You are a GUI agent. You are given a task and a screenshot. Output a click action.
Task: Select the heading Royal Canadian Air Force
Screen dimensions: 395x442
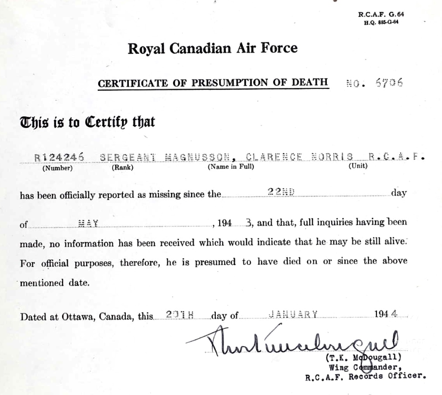tap(212, 48)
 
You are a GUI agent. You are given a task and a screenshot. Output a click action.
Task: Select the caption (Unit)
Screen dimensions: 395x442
tap(358, 166)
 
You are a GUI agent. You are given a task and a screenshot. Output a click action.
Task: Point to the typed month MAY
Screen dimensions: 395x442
tap(88, 223)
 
